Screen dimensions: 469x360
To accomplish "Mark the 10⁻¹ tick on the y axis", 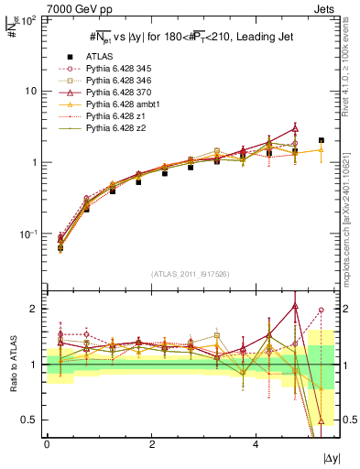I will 29,234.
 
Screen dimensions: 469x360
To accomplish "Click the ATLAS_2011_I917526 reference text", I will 191,274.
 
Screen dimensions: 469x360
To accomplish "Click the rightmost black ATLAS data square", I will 321,140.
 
